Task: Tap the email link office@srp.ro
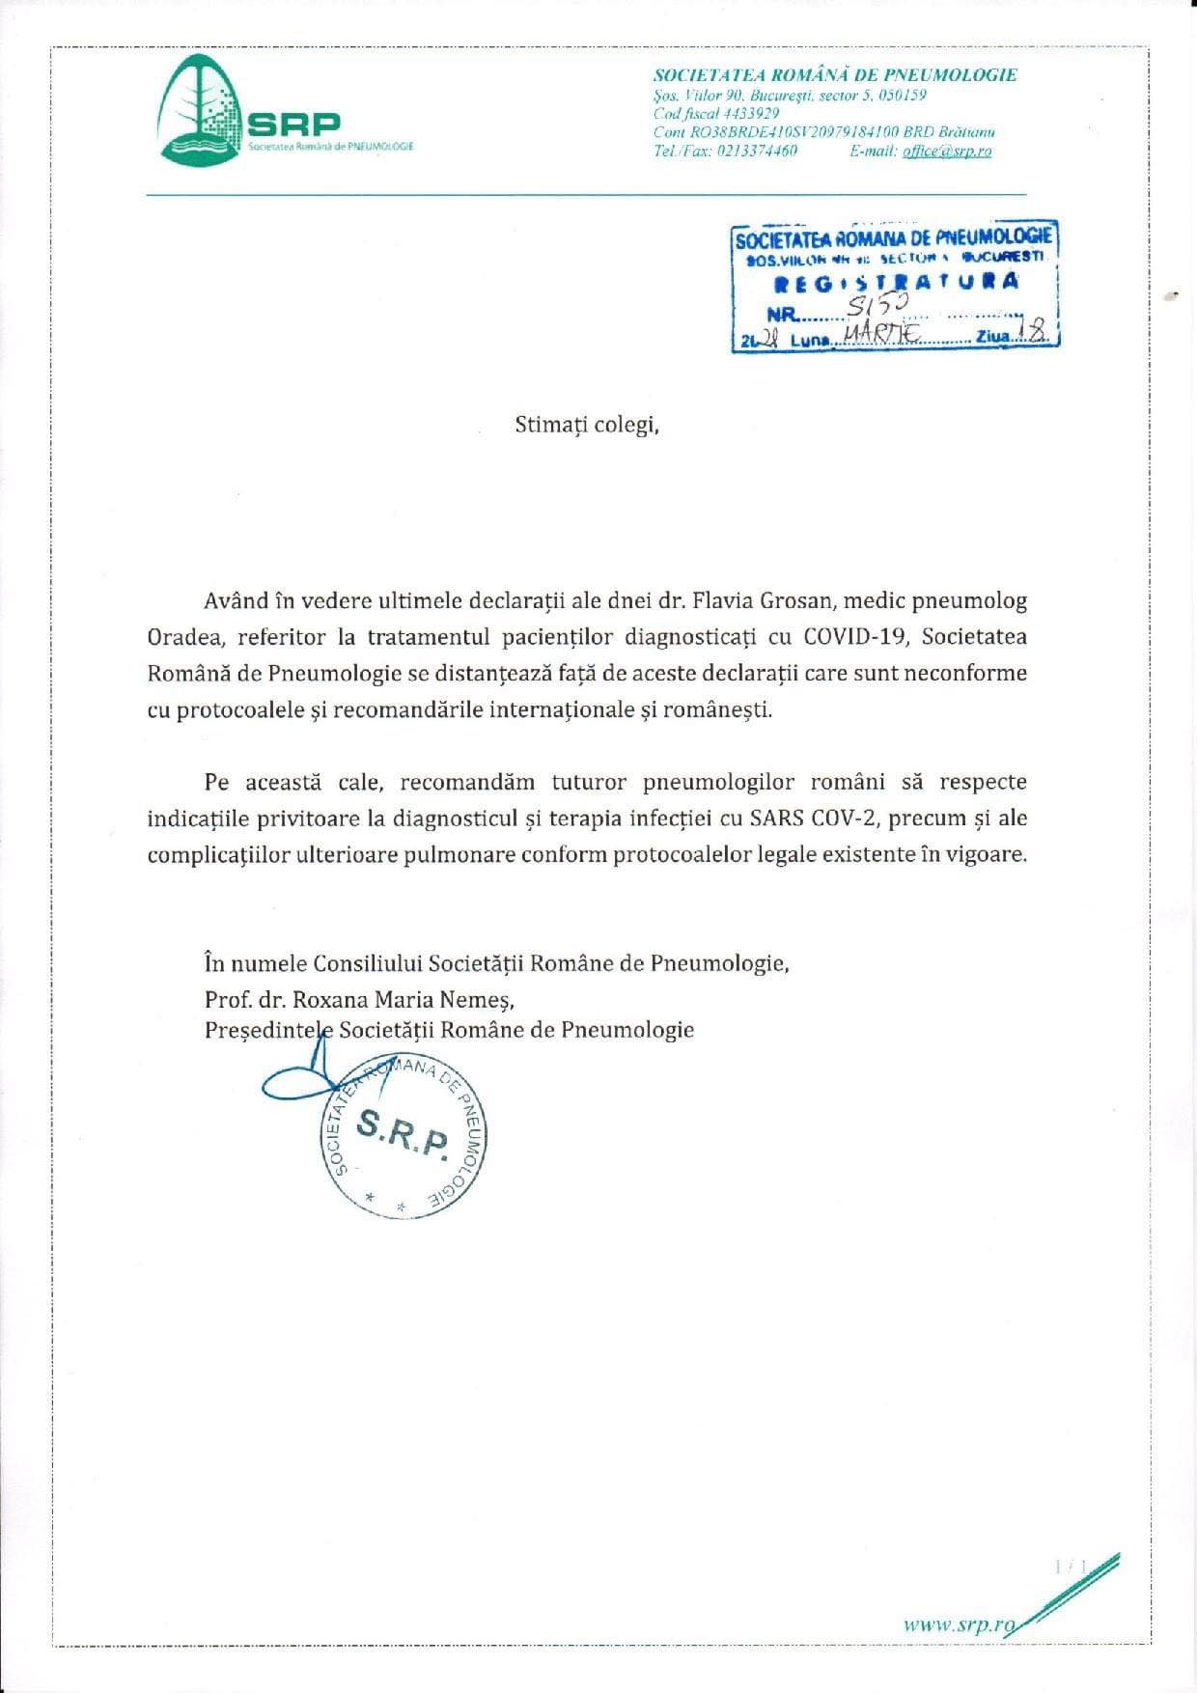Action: click(947, 152)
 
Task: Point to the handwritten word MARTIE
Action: click(879, 335)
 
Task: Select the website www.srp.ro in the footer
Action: click(960, 1624)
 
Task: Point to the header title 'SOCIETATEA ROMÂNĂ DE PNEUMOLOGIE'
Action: click(835, 75)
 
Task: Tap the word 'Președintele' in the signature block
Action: click(268, 1030)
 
